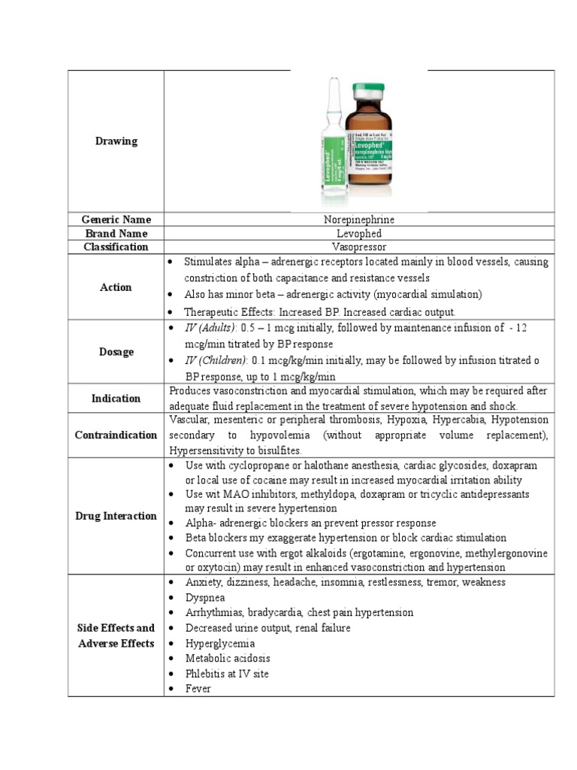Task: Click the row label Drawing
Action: [116, 141]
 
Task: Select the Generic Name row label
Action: [116, 220]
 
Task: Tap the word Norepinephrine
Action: [358, 220]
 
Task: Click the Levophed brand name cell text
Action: [358, 233]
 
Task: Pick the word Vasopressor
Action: [358, 247]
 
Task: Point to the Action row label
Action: [116, 287]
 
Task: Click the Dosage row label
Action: [116, 351]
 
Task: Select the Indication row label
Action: [116, 399]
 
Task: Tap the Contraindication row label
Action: [116, 435]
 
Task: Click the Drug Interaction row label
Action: [116, 516]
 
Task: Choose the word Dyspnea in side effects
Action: [204, 597]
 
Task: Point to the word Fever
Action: [198, 688]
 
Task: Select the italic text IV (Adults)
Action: [208, 328]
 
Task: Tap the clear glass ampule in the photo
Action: [331, 150]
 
